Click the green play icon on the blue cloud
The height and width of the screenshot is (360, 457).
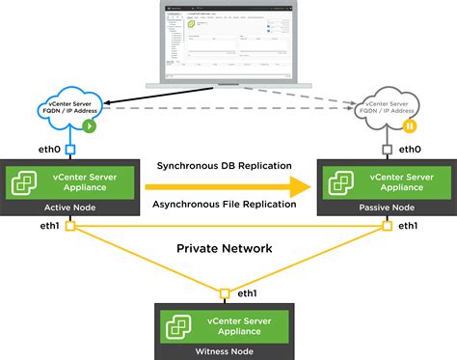click(x=89, y=125)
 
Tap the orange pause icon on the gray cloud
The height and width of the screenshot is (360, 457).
click(x=410, y=125)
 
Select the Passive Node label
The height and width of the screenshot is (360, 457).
click(x=387, y=207)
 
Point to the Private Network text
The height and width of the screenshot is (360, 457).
click(x=224, y=248)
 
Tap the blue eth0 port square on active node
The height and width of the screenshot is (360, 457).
click(x=69, y=150)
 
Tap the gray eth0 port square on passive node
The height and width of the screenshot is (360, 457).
click(x=388, y=150)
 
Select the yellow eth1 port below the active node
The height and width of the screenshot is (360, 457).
click(x=69, y=226)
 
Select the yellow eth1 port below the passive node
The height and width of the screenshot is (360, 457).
click(x=388, y=226)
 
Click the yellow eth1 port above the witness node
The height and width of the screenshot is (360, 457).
click(x=224, y=292)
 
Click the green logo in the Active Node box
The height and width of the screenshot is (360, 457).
click(x=22, y=181)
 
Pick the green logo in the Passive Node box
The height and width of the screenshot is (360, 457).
click(x=341, y=181)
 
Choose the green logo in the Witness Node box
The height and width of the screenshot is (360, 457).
click(x=178, y=323)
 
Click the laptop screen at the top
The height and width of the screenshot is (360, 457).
click(x=228, y=42)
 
